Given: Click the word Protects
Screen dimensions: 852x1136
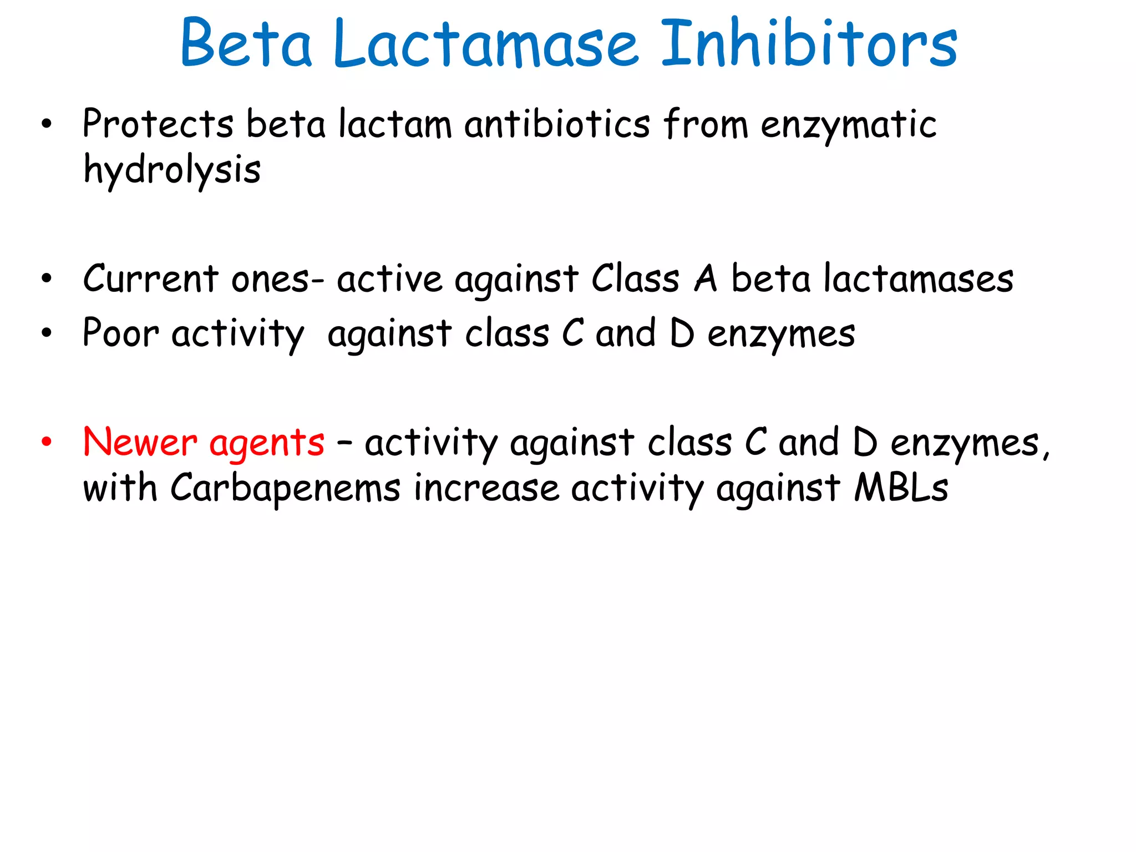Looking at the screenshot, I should click(x=158, y=124).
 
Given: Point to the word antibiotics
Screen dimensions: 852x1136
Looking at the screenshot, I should click(x=557, y=124).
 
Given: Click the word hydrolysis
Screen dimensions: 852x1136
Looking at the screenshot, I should click(x=172, y=170).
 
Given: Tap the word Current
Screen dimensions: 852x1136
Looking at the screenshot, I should click(x=150, y=278).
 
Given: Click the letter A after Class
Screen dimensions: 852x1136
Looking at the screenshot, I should click(x=706, y=278).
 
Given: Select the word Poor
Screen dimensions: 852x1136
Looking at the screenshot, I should click(x=121, y=333).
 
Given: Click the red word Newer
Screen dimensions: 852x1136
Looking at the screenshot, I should click(x=140, y=443).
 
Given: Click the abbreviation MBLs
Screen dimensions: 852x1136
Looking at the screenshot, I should click(x=901, y=488).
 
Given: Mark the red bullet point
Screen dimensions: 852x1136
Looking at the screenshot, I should click(x=47, y=443).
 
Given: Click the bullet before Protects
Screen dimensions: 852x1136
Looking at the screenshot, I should click(x=47, y=125).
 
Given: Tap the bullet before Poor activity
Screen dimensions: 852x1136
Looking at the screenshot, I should click(x=47, y=333).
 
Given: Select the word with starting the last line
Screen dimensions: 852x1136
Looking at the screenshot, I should click(x=120, y=488).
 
